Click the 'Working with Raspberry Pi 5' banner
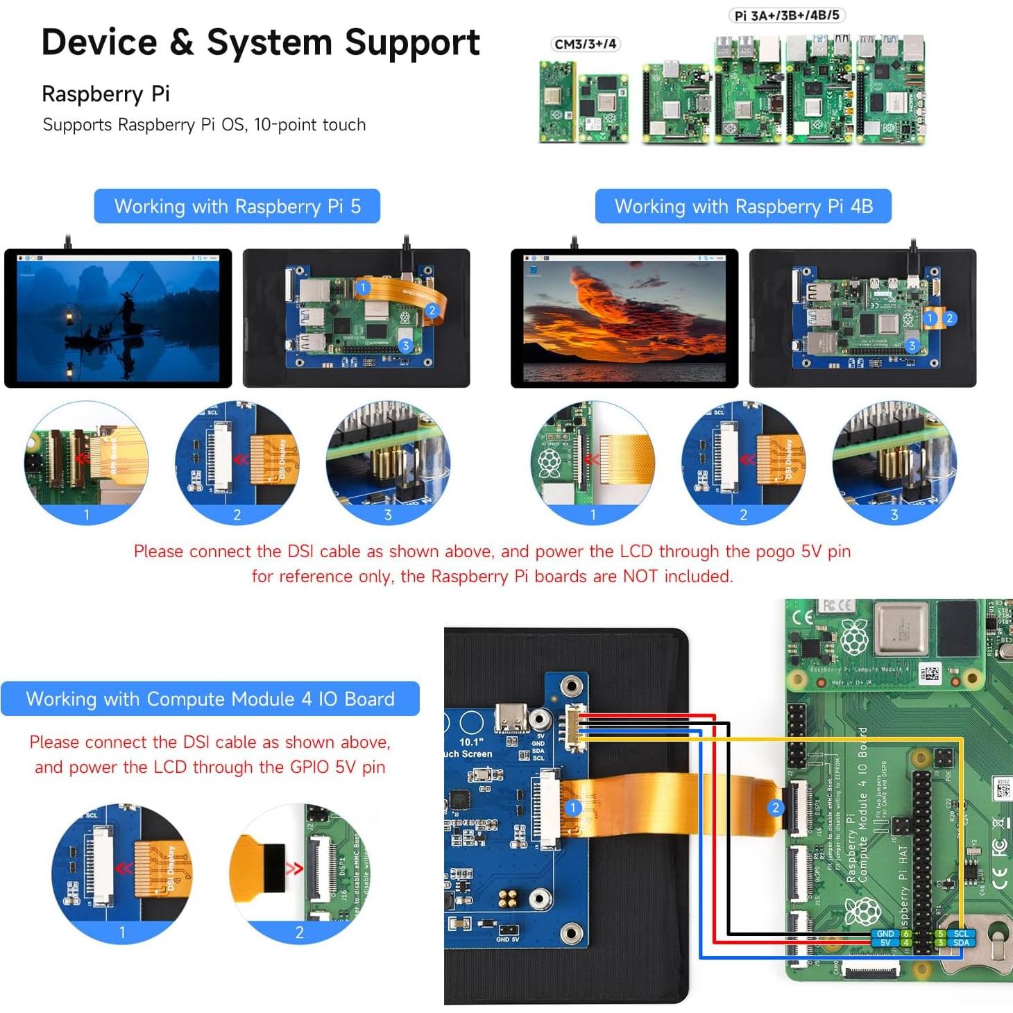coord(237,206)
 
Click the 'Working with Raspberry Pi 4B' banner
coord(743,206)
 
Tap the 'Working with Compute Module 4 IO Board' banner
coord(210,699)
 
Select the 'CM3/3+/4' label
coord(585,44)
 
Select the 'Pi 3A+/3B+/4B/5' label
coord(787,15)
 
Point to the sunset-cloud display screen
coord(624,318)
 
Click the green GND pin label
coord(885,934)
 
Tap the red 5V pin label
coord(885,943)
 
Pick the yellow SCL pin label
coord(961,934)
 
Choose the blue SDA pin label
coord(961,943)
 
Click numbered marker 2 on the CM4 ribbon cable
coord(775,808)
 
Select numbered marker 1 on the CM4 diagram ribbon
coord(572,808)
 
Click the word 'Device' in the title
coord(99,42)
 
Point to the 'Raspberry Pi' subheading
coord(105,94)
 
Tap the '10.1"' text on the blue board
coord(470,742)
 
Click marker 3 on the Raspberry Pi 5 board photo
coord(405,346)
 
